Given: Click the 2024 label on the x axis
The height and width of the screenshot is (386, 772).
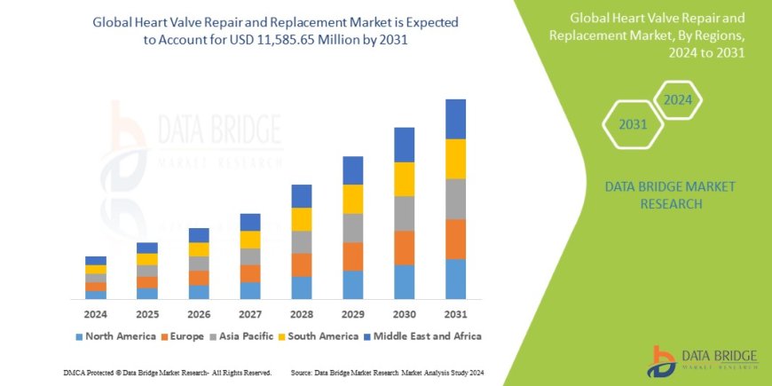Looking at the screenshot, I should click(96, 314).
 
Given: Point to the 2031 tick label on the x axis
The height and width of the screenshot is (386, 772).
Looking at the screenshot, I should click(455, 314).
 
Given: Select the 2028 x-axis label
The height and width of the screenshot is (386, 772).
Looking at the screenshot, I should click(301, 314).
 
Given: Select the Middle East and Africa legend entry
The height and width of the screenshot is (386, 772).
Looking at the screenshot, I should click(421, 336).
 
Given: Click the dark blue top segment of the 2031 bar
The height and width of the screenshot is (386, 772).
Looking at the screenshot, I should click(455, 119).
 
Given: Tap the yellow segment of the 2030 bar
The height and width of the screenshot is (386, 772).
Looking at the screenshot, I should click(404, 179).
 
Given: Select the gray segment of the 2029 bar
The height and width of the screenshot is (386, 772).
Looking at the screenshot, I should click(352, 228).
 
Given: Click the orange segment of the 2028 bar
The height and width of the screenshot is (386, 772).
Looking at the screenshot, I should click(302, 264).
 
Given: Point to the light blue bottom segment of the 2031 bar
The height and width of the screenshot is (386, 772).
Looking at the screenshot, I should click(455, 279).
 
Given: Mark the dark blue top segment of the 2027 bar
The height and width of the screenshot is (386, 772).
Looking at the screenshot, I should click(250, 222).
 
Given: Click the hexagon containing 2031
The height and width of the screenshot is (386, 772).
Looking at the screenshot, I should click(634, 124).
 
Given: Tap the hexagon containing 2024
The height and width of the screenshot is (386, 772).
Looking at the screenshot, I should click(678, 100).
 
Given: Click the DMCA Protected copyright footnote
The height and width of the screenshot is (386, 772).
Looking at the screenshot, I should click(168, 372).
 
